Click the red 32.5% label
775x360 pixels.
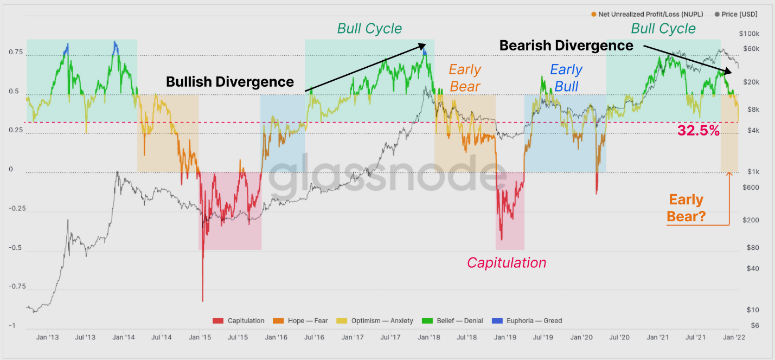[x=699, y=131]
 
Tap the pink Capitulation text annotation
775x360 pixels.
[x=507, y=263]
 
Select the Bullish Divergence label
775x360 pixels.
[x=230, y=82]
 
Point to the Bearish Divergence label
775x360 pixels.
[x=566, y=46]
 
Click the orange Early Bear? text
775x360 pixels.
[x=686, y=208]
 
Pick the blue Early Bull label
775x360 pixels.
[x=566, y=78]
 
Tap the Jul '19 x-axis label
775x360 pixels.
[x=543, y=337]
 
